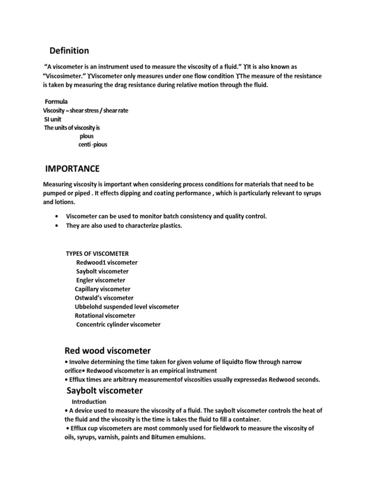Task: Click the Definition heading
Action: tap(70, 50)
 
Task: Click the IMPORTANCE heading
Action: tap(72, 169)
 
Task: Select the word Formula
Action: tap(56, 102)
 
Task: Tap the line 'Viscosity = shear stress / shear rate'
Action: tap(86, 110)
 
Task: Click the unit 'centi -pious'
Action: tap(92, 145)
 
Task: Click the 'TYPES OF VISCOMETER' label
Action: tap(97, 253)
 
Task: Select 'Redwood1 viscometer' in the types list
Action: tap(107, 262)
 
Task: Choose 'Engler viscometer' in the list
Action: tap(101, 280)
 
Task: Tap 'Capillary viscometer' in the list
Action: tap(102, 289)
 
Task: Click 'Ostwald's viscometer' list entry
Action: tap(104, 298)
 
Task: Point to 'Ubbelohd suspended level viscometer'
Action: tap(127, 307)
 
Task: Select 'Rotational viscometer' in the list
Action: tap(105, 315)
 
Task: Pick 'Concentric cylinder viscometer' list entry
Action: tap(118, 324)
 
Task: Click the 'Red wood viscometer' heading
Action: tap(107, 351)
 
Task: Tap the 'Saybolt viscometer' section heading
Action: tap(104, 391)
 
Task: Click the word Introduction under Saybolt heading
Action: tap(89, 402)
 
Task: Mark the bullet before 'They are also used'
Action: tap(58, 225)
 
